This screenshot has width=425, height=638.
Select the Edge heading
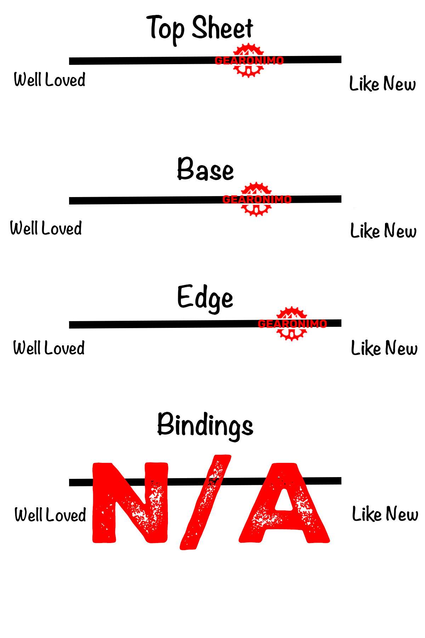tap(205, 298)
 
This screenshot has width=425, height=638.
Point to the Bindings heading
tap(205, 425)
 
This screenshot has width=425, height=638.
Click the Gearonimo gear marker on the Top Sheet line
tap(249, 61)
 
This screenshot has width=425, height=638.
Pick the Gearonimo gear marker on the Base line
tap(256, 200)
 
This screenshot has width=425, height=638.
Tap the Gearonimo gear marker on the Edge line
tap(291, 324)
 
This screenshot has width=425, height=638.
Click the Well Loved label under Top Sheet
tap(50, 80)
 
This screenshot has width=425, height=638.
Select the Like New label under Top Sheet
tap(382, 84)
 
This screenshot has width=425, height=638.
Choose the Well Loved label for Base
tap(46, 228)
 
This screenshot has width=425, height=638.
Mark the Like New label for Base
tap(383, 231)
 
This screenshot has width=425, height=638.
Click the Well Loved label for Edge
tap(49, 348)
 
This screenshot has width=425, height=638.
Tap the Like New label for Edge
tap(384, 348)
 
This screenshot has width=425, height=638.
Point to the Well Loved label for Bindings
tap(50, 515)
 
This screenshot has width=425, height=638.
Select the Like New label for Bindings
tap(385, 514)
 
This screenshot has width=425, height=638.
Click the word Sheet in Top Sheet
tap(222, 28)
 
